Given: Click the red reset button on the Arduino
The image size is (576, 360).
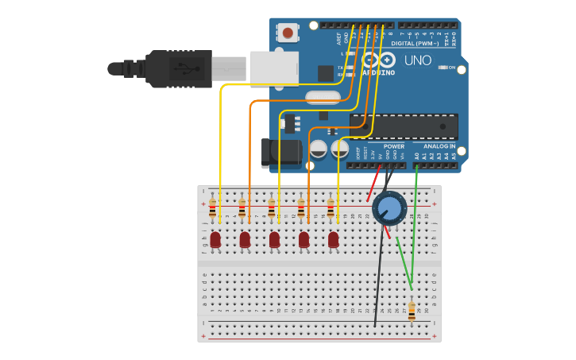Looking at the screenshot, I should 287,33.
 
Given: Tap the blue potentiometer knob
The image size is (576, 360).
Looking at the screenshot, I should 389,208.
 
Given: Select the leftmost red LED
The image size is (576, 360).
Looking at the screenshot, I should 215,239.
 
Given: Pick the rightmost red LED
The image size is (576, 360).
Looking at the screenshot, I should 333,239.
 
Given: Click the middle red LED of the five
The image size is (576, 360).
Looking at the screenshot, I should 274,239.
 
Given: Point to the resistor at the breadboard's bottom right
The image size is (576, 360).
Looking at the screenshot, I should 412,311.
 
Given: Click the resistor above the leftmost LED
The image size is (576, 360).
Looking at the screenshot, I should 212,208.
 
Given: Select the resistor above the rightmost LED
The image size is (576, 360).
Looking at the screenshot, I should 331,208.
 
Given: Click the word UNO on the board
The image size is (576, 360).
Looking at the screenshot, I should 417,61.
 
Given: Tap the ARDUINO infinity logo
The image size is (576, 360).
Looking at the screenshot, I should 378,60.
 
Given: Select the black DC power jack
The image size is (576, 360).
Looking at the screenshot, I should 280,153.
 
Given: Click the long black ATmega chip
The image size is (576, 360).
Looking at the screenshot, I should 404,126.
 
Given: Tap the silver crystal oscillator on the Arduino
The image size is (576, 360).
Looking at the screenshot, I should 323,98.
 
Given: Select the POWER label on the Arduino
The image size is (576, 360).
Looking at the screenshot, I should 393,146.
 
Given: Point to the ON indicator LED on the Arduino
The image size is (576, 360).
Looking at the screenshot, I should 442,68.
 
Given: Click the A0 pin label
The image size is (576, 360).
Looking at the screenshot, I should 416,157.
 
